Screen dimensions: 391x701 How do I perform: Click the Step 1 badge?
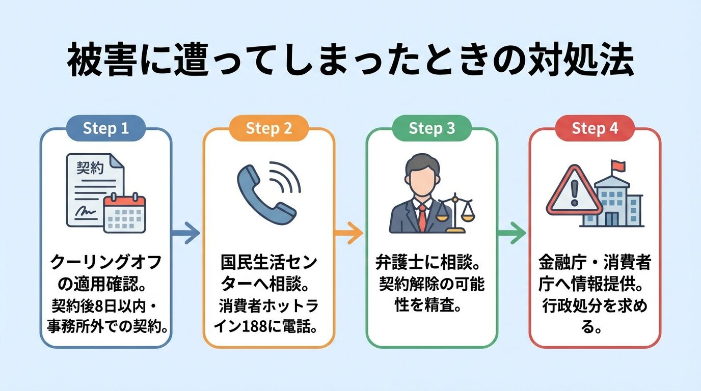coord(106,129)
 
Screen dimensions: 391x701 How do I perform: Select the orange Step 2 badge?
coord(269,129)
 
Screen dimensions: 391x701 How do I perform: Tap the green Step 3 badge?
coord(432,129)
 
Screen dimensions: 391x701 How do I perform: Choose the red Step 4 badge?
coord(595,129)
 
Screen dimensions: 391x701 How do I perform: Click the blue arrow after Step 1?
coord(186,234)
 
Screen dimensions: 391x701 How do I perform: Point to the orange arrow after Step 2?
coord(349,234)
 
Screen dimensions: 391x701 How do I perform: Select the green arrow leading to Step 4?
coord(511,234)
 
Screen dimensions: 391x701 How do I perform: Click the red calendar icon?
coord(124,214)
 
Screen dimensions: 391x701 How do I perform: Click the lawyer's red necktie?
coord(422,217)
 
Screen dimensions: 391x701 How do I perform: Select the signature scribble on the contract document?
coord(86,210)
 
